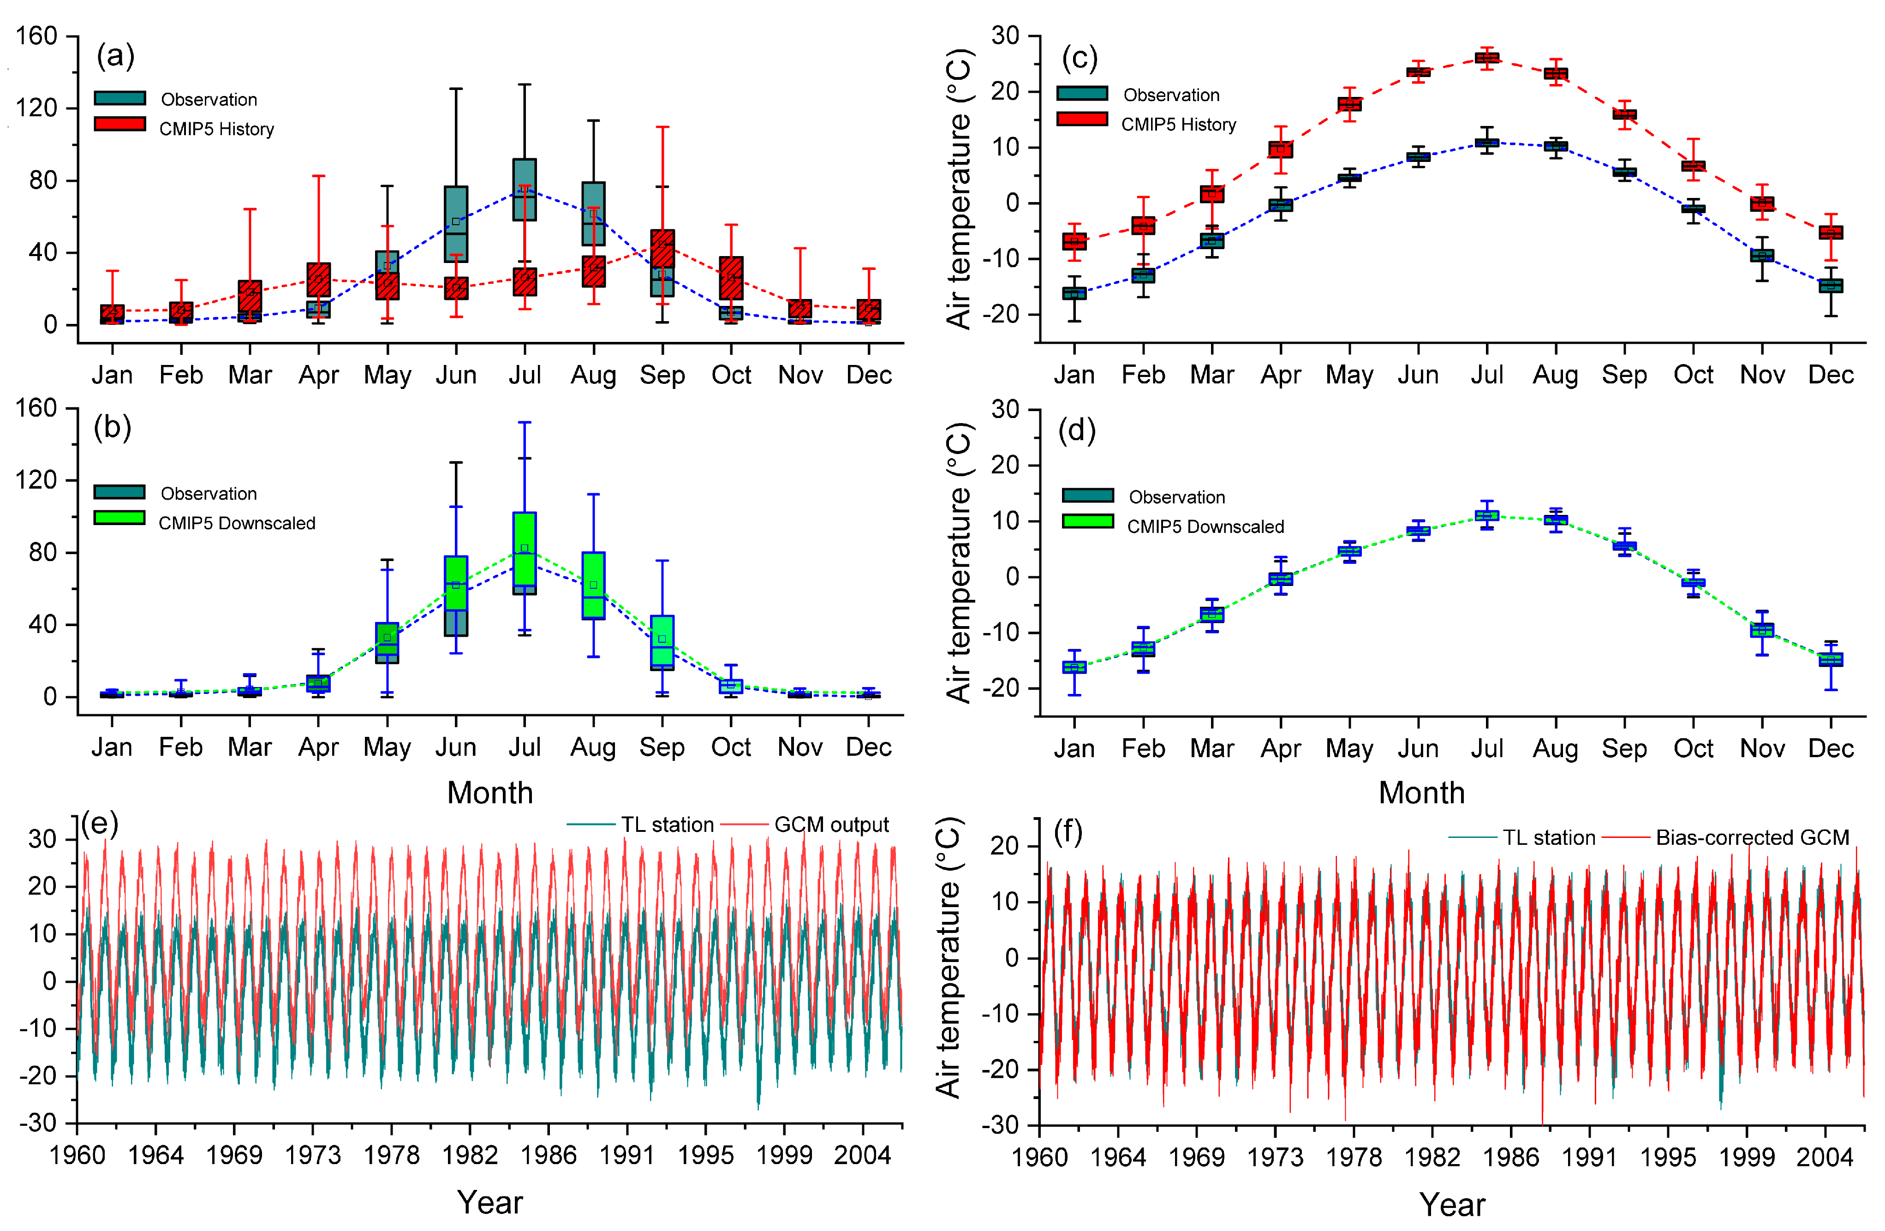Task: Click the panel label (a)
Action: (116, 56)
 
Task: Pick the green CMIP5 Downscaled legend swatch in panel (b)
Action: (119, 518)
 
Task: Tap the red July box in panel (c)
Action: (1486, 58)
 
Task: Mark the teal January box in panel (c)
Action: (1074, 293)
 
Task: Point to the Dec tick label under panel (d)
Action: (1831, 748)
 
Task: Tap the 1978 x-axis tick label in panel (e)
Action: (391, 1156)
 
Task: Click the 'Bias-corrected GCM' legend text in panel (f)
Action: (1752, 837)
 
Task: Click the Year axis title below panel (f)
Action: (1452, 1205)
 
